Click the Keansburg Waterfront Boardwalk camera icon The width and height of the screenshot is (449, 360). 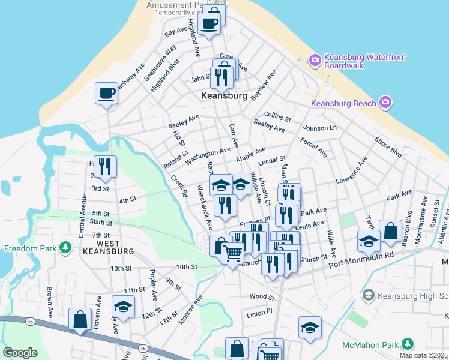[x=315, y=60]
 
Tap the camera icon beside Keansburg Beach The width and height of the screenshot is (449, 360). [x=385, y=103]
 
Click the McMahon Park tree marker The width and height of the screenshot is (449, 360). [x=408, y=344]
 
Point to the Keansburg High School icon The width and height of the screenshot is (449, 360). [x=369, y=295]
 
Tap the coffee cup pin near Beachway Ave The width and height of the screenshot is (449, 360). [x=107, y=94]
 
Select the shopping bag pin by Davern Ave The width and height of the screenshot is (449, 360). [x=80, y=319]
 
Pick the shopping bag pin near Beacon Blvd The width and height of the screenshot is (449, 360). [x=390, y=231]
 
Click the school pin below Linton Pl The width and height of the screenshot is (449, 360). [x=310, y=328]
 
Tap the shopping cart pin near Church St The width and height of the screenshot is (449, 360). [x=232, y=254]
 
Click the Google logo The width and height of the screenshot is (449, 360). [x=20, y=352]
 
